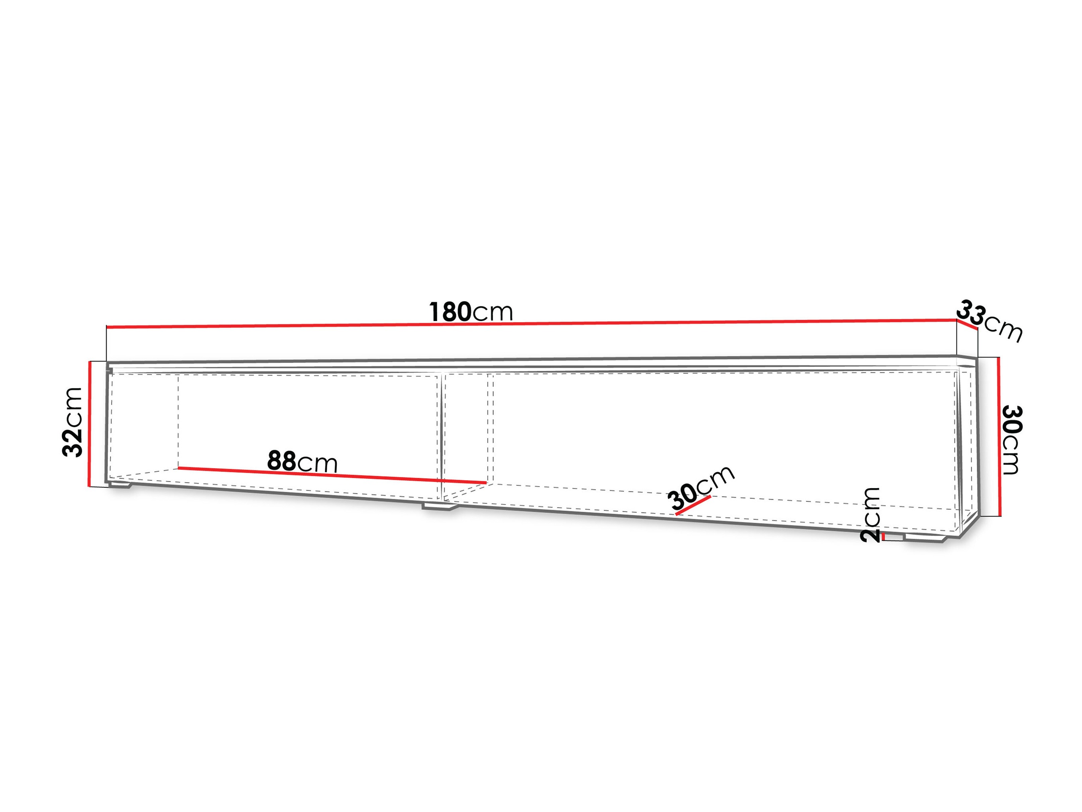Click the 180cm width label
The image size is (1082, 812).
(471, 312)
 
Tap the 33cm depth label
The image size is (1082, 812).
(989, 321)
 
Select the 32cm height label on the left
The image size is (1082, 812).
(73, 422)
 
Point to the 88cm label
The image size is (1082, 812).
(302, 461)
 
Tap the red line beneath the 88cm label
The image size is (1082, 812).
(332, 475)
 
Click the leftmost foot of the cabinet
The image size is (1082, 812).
(120, 485)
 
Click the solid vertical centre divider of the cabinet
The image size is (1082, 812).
(443, 438)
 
